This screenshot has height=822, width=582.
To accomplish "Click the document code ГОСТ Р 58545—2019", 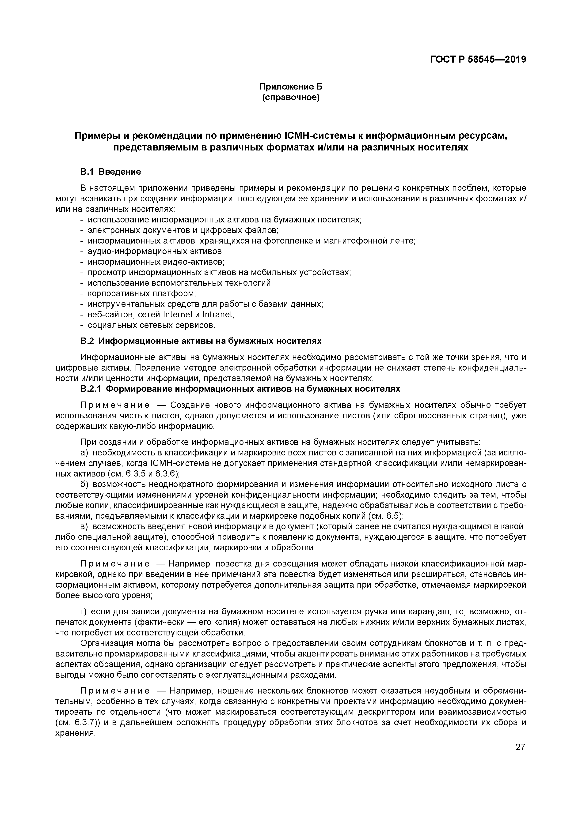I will pyautogui.click(x=478, y=60).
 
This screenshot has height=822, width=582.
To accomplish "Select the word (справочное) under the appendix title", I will pyautogui.click(x=291, y=97).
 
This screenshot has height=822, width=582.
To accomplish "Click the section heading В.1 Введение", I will pyautogui.click(x=110, y=172).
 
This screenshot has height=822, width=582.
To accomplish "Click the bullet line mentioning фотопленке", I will pyautogui.click(x=251, y=241).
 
